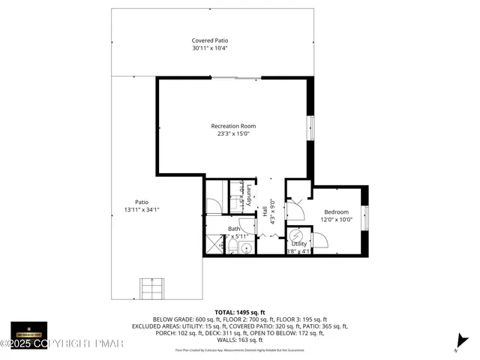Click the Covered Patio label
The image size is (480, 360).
click(x=209, y=40)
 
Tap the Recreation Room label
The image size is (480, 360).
click(x=233, y=126)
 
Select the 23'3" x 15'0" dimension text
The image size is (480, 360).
click(x=233, y=134)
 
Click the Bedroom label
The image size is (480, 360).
click(x=336, y=212)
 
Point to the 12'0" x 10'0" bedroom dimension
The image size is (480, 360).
click(x=336, y=220)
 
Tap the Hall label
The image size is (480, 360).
click(x=265, y=212)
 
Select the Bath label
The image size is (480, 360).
click(x=234, y=228)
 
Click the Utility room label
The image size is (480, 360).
click(x=298, y=244)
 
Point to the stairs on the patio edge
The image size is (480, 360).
click(x=150, y=288)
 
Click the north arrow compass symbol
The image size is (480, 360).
click(x=457, y=346)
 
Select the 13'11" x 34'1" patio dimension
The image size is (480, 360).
click(x=142, y=209)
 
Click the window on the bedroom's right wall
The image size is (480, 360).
click(x=366, y=217)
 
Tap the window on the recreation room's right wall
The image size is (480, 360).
click(x=310, y=127)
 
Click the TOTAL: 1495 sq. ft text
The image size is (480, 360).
click(x=239, y=310)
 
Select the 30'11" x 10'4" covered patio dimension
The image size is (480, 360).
click(x=209, y=48)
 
